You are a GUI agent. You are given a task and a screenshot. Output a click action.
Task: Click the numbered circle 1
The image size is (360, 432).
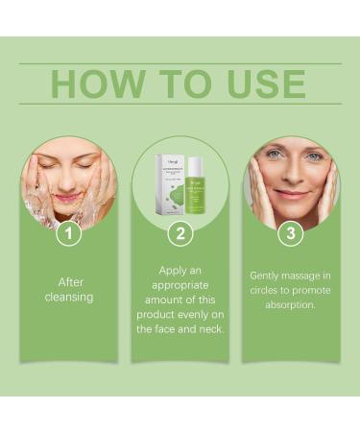click(x=67, y=232)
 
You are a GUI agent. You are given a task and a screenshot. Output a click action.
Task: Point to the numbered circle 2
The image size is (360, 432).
click(x=180, y=232)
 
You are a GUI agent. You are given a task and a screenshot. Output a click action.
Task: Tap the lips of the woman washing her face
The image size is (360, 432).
click(x=67, y=198)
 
